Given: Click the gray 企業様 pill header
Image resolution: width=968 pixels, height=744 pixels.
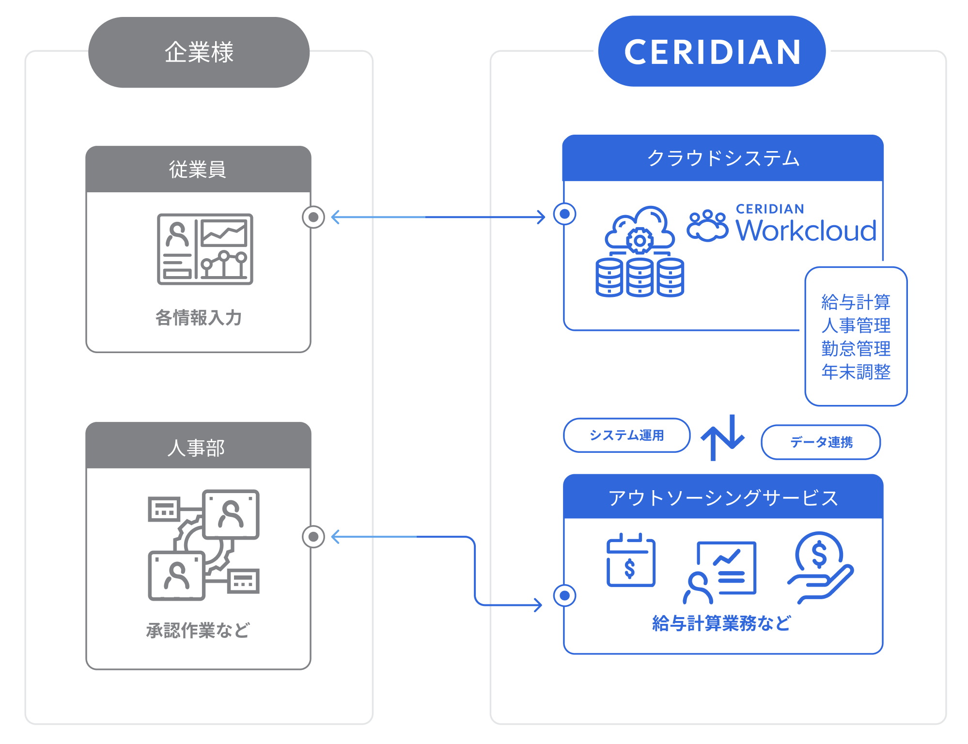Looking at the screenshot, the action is (x=199, y=52).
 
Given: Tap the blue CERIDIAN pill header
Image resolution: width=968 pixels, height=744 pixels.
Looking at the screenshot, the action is (x=712, y=51).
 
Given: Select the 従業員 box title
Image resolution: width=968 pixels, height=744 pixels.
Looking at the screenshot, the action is (x=198, y=169).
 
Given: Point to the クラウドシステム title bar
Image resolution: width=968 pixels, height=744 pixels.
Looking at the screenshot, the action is (x=723, y=158).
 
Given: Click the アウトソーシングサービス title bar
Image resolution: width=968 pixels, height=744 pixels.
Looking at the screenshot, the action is (x=723, y=497).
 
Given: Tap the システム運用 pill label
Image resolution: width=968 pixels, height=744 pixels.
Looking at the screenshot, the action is (x=626, y=435).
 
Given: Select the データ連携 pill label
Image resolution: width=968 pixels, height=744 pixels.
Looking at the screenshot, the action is (x=821, y=442).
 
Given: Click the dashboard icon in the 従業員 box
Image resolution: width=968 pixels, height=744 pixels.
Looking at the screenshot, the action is (x=205, y=249).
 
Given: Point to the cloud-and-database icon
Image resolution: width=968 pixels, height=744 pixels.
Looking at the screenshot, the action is (x=640, y=251).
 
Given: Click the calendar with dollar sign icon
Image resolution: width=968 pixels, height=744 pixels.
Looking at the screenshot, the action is (x=631, y=560).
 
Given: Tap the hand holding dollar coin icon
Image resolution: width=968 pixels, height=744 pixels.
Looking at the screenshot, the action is (x=820, y=567).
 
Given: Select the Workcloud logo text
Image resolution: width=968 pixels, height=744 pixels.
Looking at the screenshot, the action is (x=806, y=230).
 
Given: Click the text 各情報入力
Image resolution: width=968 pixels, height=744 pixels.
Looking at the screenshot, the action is (x=198, y=318).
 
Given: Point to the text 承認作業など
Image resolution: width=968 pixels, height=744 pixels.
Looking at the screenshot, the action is (x=198, y=630).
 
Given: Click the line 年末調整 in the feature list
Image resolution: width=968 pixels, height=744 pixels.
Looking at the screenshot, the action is (x=856, y=372).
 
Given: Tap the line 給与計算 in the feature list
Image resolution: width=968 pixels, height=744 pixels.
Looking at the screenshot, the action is (x=856, y=302).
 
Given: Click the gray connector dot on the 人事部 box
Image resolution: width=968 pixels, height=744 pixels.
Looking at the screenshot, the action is (x=313, y=537).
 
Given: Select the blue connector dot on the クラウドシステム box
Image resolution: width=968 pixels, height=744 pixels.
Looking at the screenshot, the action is (x=564, y=214).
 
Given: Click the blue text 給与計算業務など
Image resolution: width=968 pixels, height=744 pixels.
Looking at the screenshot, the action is (x=721, y=623).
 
